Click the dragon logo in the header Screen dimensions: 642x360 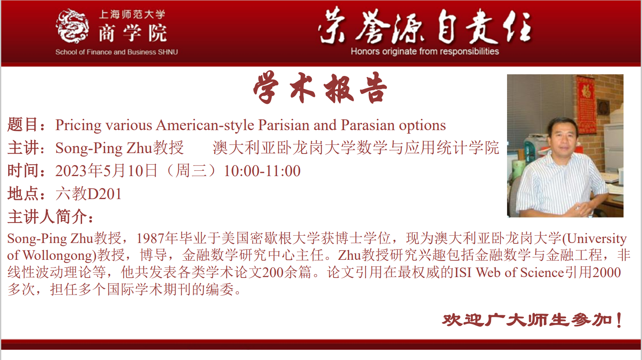[72, 26]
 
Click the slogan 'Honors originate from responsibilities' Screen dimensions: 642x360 [425, 51]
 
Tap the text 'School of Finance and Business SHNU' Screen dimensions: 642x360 [117, 52]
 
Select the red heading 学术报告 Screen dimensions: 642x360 [320, 88]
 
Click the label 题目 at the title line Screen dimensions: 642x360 [23, 125]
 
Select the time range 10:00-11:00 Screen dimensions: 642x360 [262, 171]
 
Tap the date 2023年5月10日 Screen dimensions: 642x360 [106, 171]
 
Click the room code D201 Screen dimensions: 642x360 [104, 194]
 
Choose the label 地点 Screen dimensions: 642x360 [23, 194]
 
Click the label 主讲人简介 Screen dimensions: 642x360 [47, 217]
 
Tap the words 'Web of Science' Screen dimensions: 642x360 [520, 273]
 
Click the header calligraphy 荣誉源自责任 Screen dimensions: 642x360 [425, 26]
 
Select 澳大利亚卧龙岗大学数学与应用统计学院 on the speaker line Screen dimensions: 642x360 [356, 148]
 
